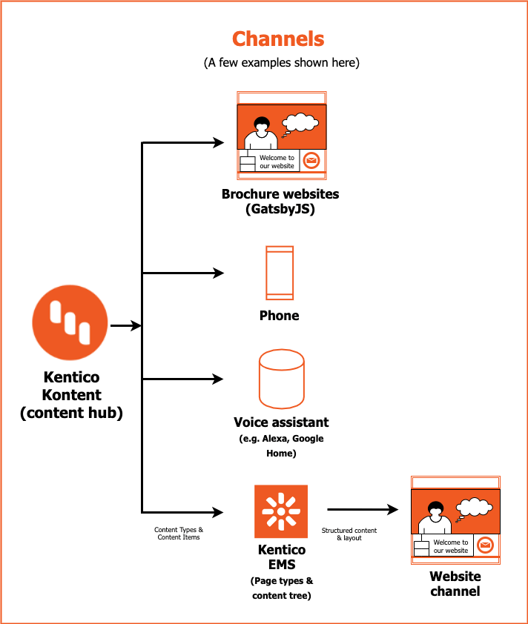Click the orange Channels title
point(278,39)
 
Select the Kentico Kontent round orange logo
point(70,324)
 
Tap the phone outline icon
point(280,273)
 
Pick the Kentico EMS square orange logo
point(280,511)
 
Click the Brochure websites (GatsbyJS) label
point(280,202)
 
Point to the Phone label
point(280,316)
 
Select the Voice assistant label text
point(281,422)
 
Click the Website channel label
point(455,584)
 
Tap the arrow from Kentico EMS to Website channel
point(363,509)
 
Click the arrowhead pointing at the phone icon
point(218,273)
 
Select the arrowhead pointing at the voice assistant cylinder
point(218,379)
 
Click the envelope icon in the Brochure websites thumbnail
point(311,161)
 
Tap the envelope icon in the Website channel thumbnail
point(486,545)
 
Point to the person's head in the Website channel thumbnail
point(435,509)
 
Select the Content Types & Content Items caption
point(179,534)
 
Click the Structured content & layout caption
point(349,534)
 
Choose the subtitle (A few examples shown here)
point(282,63)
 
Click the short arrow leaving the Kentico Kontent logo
point(125,325)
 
